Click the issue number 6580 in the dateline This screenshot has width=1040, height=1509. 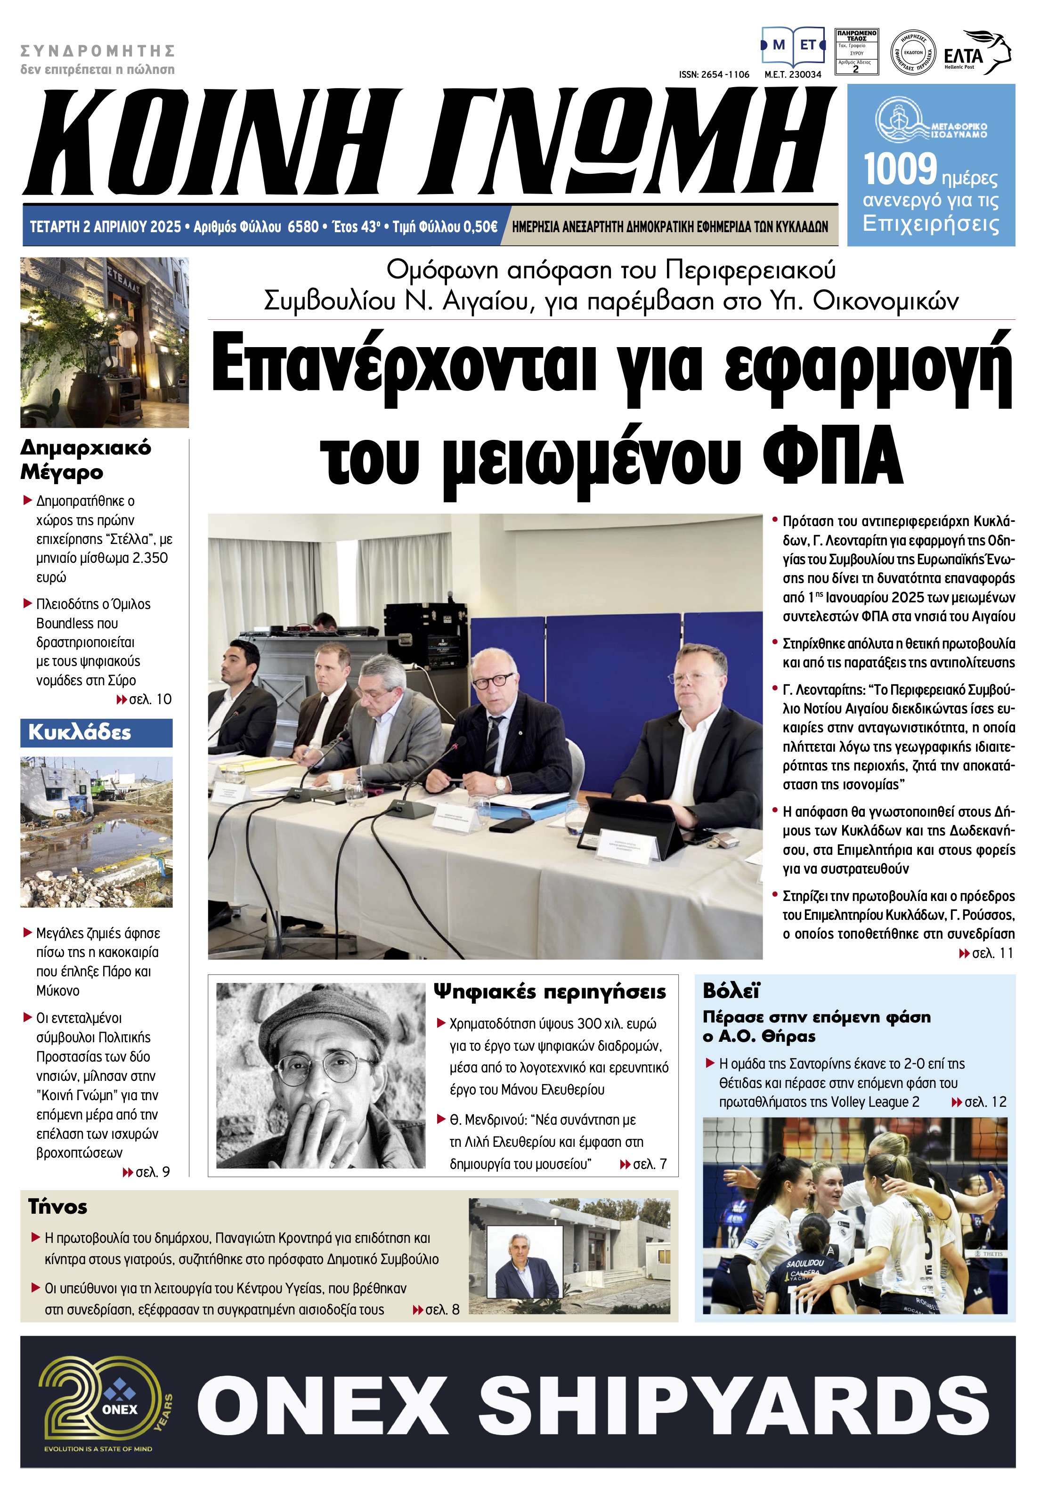point(303,227)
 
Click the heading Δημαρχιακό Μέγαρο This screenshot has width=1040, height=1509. point(85,459)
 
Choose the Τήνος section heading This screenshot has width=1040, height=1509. point(57,1207)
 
